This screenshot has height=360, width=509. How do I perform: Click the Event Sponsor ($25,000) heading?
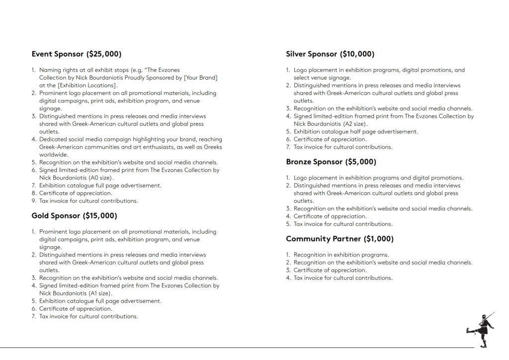point(76,54)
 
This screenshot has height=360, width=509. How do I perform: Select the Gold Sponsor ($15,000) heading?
point(74,216)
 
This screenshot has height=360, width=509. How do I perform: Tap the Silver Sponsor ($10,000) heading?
point(330,54)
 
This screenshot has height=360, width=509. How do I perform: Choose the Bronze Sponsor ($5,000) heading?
point(331,162)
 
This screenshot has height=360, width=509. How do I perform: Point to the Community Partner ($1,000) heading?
point(339,239)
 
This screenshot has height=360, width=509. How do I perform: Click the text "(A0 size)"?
point(101,178)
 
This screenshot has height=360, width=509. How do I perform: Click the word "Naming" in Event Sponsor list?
point(50,70)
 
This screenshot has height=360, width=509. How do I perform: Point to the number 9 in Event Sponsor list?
point(33,201)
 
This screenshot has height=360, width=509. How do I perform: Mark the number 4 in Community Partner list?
point(288,278)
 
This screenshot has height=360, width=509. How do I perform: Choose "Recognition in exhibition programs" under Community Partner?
point(341,255)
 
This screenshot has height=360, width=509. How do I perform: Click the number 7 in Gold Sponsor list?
point(33,316)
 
